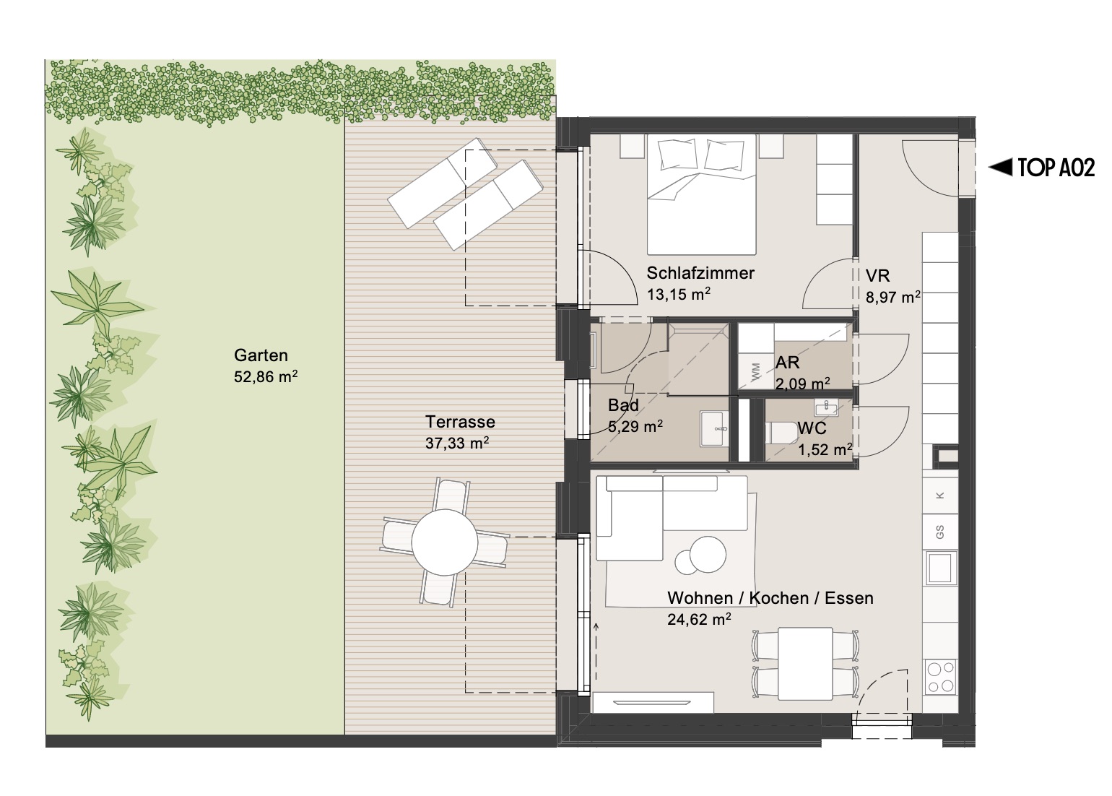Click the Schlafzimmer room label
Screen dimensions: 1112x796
[x=700, y=273]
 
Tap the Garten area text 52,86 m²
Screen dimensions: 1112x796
[x=266, y=377]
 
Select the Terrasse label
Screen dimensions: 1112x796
[x=460, y=422]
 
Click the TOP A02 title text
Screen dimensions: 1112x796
[x=1056, y=168]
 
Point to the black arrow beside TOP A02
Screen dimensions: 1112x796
[x=1000, y=168]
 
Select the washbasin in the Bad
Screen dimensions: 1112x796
[x=715, y=428]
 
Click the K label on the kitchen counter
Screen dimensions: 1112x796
[x=939, y=495]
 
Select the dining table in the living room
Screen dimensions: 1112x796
[x=805, y=663]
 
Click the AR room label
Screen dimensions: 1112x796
[x=787, y=363]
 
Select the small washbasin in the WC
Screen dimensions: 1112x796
[x=826, y=408]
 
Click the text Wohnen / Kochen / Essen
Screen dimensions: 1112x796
[x=770, y=598]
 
